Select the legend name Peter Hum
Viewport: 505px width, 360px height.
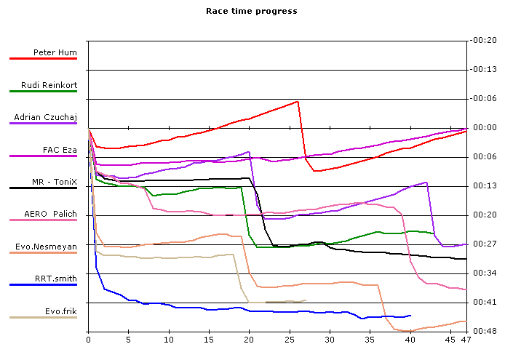[x=55, y=52]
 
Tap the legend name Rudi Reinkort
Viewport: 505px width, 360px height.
[x=49, y=85]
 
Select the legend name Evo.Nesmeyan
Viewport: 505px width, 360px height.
[x=46, y=247]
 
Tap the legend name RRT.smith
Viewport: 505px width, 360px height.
[x=56, y=279]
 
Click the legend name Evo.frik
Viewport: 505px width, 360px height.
[x=61, y=311]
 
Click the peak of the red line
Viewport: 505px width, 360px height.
[x=298, y=102]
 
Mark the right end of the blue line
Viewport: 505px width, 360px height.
[x=410, y=316]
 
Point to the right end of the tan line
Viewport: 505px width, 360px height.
[x=306, y=300]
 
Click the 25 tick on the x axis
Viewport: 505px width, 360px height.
[x=290, y=339]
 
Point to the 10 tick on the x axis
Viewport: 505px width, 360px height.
[x=169, y=339]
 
